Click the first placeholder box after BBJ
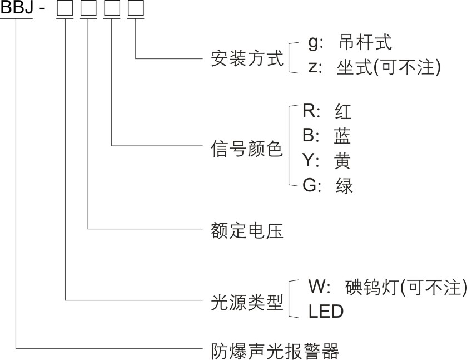point(65,9)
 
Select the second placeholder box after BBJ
point(88,9)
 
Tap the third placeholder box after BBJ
point(112,9)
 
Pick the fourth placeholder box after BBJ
point(135,9)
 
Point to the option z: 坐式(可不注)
point(374,67)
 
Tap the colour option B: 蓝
point(327,136)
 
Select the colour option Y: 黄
point(327,161)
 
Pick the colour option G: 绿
point(327,185)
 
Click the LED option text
point(326,312)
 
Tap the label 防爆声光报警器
point(275,349)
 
